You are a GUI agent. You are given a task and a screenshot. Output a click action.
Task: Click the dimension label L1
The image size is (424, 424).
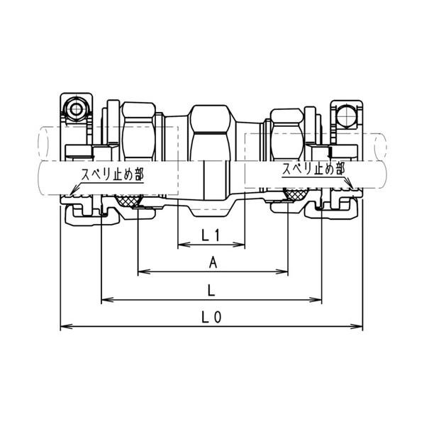click(x=211, y=235)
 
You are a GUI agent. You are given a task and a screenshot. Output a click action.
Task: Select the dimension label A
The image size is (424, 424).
click(x=213, y=262)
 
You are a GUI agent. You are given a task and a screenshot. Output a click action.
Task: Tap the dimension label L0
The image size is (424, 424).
click(x=211, y=317)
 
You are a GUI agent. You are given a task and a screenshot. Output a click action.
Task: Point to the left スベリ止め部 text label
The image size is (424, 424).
click(x=113, y=174)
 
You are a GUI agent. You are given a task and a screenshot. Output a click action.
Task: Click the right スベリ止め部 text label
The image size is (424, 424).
click(x=313, y=169)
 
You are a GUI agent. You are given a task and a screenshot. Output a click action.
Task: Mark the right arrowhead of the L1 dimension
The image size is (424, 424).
click(x=240, y=245)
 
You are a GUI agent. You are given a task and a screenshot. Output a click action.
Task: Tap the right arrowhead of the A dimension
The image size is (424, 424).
click(x=282, y=272)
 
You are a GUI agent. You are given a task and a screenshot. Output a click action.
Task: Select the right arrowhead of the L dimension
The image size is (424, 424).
click(x=316, y=300)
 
